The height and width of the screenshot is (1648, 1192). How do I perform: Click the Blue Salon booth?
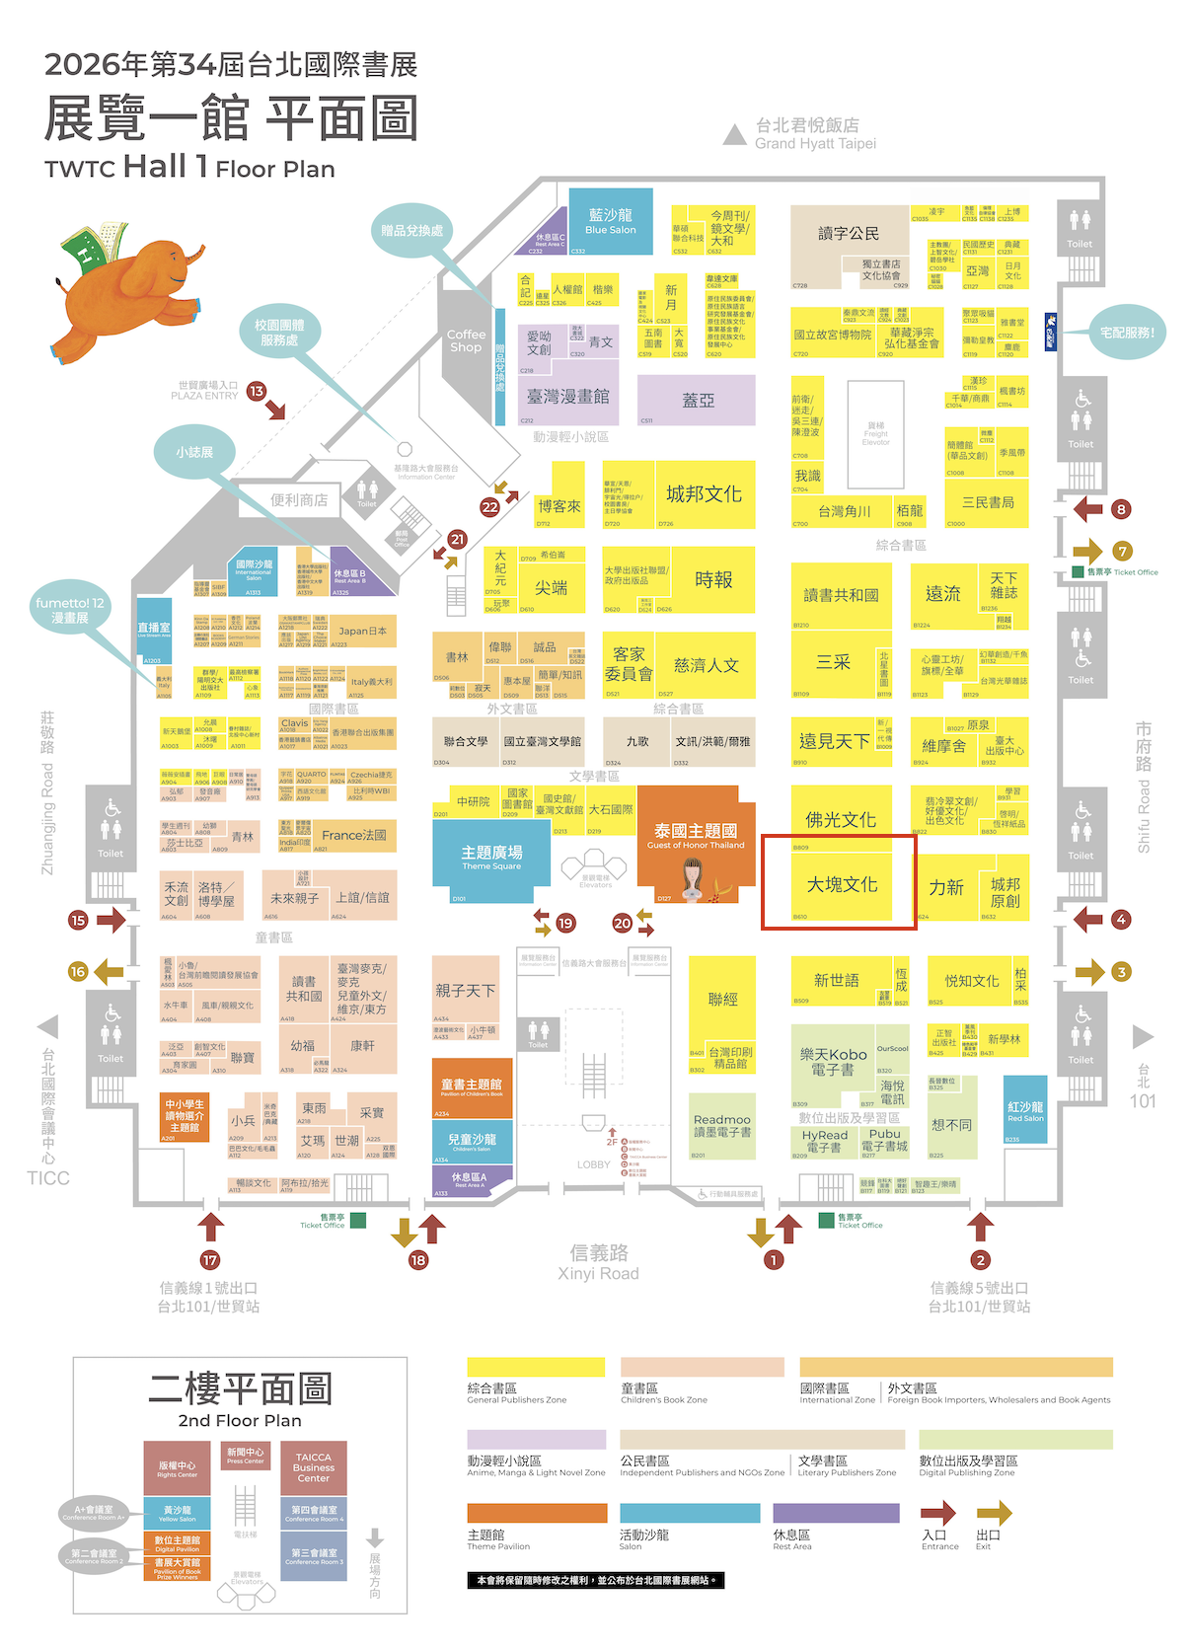(x=611, y=221)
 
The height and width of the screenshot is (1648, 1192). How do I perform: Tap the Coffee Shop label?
(x=466, y=340)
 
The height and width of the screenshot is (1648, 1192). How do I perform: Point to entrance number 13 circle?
(x=257, y=391)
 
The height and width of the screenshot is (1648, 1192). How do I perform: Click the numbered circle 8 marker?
(x=1121, y=509)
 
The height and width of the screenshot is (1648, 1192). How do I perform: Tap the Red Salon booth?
(x=1025, y=1110)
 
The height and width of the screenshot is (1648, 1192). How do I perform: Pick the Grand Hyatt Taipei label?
(x=815, y=134)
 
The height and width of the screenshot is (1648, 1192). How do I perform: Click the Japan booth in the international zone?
(x=363, y=632)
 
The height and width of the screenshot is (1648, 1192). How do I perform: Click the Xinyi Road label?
(x=598, y=1262)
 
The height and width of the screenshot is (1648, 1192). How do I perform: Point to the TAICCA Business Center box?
(x=313, y=1467)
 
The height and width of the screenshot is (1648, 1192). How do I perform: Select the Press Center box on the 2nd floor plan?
(x=245, y=1456)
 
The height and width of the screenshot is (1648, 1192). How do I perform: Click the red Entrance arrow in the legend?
(x=937, y=1512)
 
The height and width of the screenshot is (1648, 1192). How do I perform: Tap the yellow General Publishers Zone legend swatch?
(x=536, y=1367)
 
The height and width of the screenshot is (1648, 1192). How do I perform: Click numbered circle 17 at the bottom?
(x=209, y=1260)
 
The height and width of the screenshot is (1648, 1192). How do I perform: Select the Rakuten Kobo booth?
(x=833, y=1062)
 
